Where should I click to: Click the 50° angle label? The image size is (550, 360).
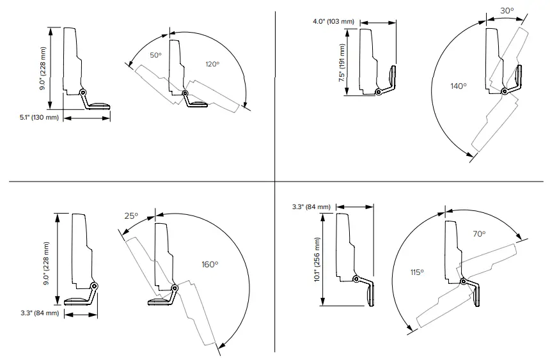pos(156,55)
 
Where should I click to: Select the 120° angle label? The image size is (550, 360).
pos(212,64)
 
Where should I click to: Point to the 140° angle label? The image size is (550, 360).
pos(458,86)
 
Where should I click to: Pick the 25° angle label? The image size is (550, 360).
pos(130,216)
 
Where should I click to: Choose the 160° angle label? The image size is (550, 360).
pos(210,263)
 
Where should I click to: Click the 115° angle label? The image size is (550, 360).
pos(417,272)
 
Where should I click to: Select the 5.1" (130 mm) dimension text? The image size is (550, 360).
pos(39,118)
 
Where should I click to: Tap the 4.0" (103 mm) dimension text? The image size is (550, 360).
pos(333,22)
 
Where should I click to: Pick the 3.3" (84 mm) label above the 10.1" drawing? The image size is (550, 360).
pos(311,207)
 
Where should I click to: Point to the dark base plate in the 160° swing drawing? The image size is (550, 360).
pos(159,302)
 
